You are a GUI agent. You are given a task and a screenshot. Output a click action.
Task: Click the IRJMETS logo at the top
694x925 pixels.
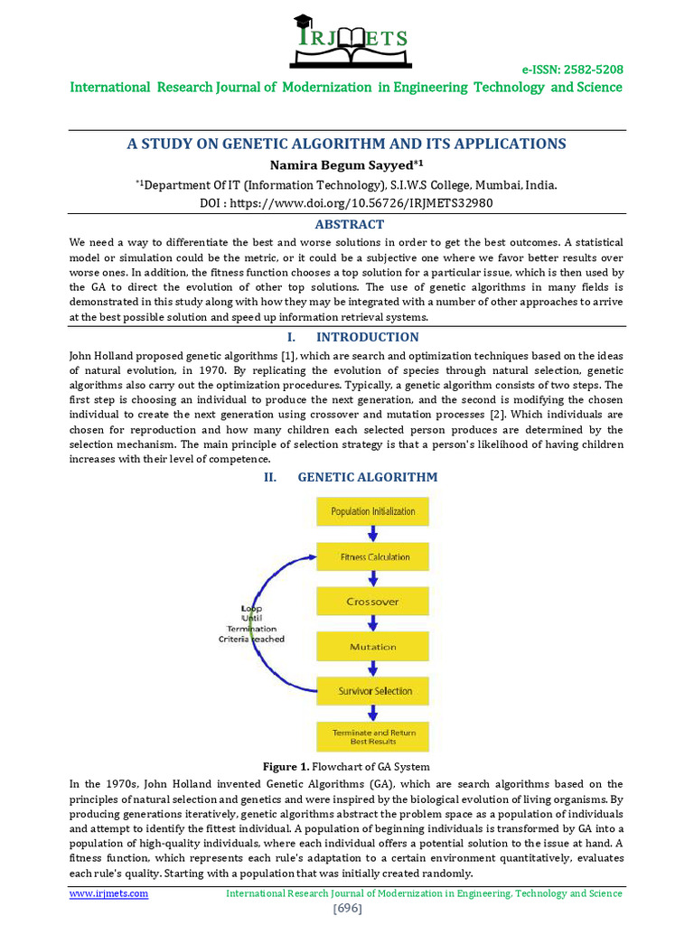click(348, 40)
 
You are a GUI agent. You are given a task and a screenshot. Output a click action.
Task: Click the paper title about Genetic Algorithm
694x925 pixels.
click(346, 144)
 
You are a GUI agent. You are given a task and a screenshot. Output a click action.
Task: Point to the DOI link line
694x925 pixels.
click(346, 203)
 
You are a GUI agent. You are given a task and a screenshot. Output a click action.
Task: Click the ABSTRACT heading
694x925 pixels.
click(349, 225)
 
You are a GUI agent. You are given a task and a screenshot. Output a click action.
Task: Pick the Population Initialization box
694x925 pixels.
click(373, 511)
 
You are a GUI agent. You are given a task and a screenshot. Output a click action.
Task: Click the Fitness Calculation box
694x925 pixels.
click(373, 556)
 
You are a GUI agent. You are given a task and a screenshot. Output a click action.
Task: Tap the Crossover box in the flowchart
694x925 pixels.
click(373, 602)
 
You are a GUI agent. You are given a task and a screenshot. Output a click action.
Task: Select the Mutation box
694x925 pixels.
click(373, 647)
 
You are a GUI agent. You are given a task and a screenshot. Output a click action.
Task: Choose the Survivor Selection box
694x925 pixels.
click(373, 691)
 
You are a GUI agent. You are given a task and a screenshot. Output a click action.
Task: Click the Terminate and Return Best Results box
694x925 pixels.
click(373, 736)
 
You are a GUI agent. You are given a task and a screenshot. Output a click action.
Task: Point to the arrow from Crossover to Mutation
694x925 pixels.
click(372, 624)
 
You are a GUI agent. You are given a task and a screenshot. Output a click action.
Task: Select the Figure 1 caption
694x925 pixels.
click(346, 767)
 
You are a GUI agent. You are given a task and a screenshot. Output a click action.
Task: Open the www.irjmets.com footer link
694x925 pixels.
click(108, 893)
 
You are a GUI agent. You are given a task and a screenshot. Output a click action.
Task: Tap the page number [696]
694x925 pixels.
click(347, 908)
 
